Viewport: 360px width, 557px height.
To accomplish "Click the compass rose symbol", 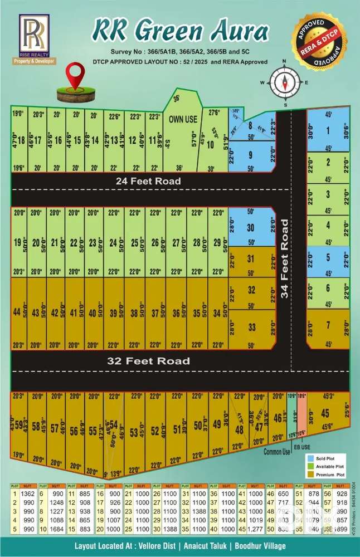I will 285,82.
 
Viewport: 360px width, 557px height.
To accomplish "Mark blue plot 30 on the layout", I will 251,227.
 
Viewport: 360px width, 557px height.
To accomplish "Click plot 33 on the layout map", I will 251,326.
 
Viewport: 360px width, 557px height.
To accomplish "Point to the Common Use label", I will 276,452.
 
